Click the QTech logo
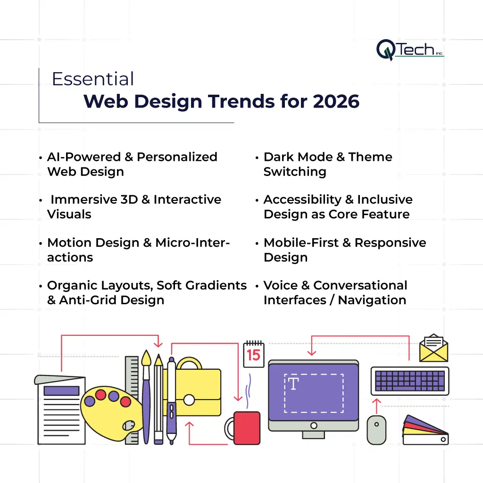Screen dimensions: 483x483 410,50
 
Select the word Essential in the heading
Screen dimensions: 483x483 93,79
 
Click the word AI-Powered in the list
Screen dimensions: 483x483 84,157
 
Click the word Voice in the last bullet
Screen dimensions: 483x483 281,285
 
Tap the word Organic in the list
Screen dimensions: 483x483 72,286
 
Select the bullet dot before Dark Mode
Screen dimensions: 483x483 257,158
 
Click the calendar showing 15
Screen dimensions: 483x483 254,354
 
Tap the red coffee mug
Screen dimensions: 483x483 243,428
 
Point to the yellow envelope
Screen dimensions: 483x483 434,348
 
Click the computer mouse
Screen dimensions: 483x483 376,430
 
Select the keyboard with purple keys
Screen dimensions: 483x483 410,381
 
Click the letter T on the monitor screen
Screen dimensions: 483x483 293,384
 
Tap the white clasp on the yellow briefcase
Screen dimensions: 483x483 189,400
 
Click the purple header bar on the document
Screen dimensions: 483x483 62,391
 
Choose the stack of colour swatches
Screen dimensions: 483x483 425,430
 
